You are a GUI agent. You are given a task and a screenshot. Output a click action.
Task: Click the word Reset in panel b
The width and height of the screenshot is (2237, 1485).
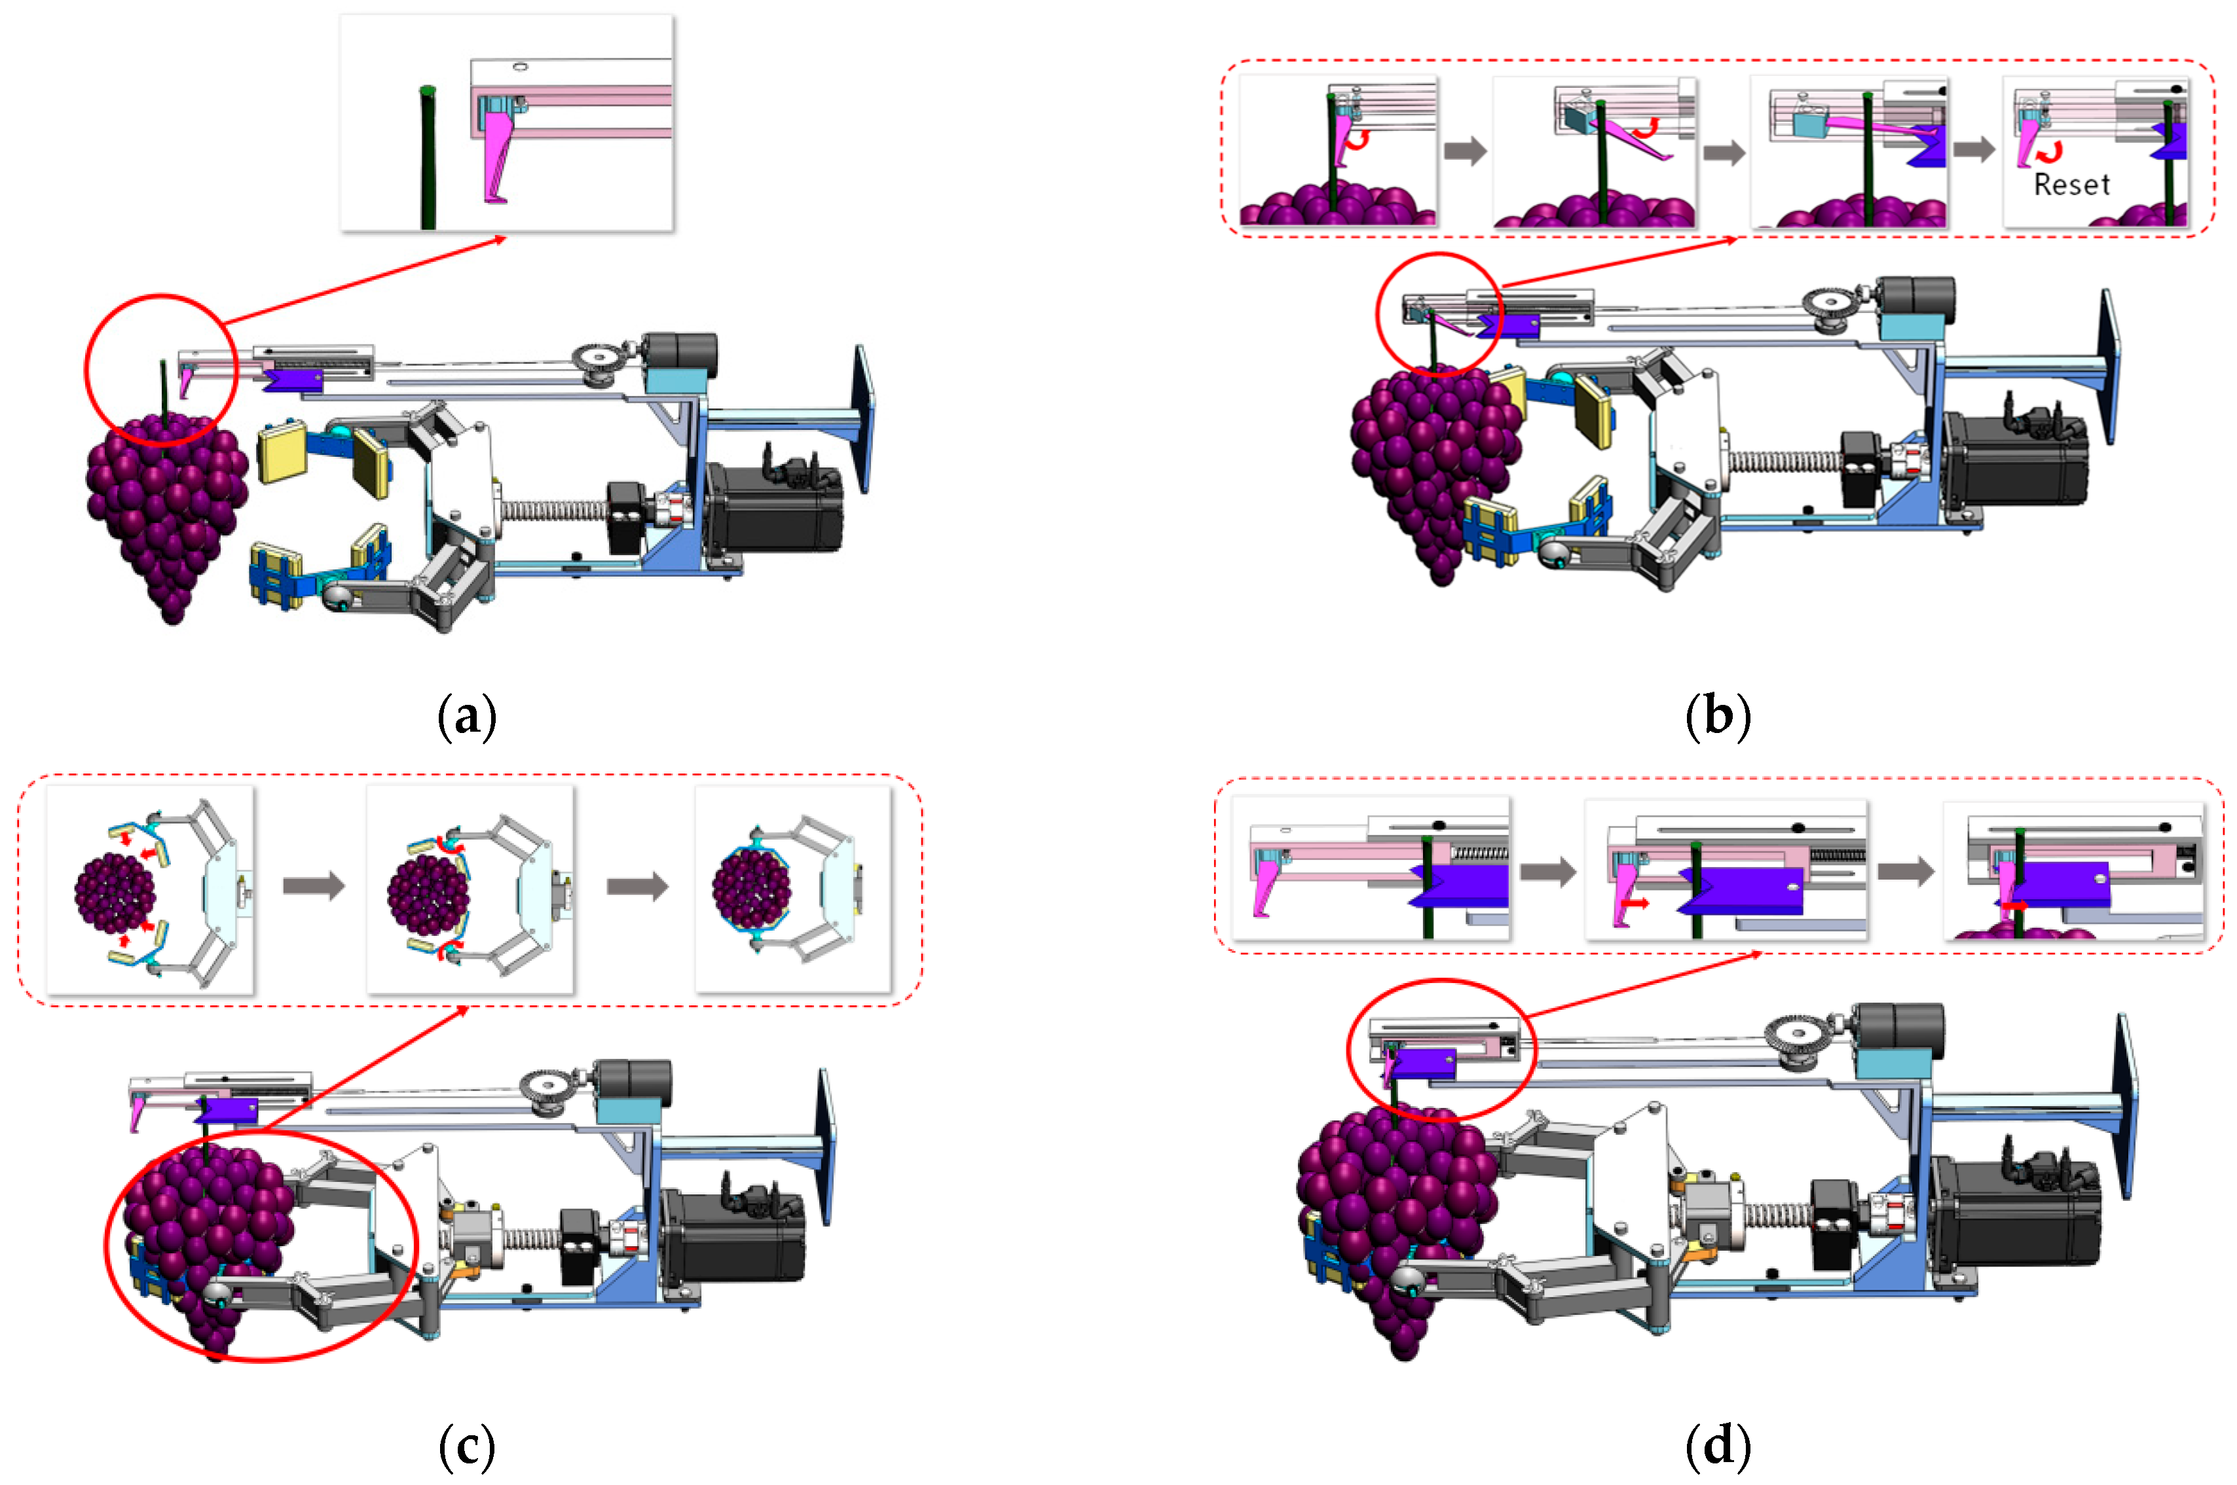click(2071, 185)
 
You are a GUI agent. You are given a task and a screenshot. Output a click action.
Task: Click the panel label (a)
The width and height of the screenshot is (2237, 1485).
click(467, 716)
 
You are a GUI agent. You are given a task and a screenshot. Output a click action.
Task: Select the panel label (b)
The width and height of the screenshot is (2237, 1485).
click(1717, 716)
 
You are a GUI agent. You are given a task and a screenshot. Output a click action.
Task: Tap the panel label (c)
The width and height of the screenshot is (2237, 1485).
click(467, 1446)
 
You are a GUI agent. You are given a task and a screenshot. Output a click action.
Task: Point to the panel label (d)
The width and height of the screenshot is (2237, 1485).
click(1717, 1446)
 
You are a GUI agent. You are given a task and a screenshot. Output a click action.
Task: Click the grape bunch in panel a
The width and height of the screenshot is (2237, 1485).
click(166, 511)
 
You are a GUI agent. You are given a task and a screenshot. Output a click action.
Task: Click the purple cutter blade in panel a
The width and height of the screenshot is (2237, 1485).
click(294, 380)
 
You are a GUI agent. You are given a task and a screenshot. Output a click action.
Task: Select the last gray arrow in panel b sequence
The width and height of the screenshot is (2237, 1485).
click(1974, 150)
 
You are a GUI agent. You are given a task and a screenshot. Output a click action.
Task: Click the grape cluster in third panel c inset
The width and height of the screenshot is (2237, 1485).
click(751, 888)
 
